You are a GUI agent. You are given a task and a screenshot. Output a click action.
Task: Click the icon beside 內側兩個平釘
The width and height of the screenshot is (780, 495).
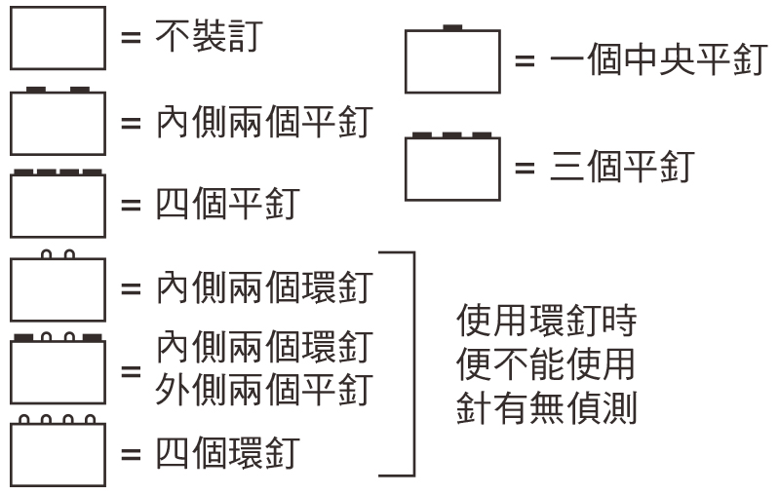point(57,122)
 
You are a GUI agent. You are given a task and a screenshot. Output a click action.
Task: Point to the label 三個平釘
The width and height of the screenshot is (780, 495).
point(619,167)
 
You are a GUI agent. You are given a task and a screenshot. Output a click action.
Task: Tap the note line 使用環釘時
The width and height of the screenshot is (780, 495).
point(545,321)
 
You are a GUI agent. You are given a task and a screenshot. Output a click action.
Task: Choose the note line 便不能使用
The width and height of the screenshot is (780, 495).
point(545,364)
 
